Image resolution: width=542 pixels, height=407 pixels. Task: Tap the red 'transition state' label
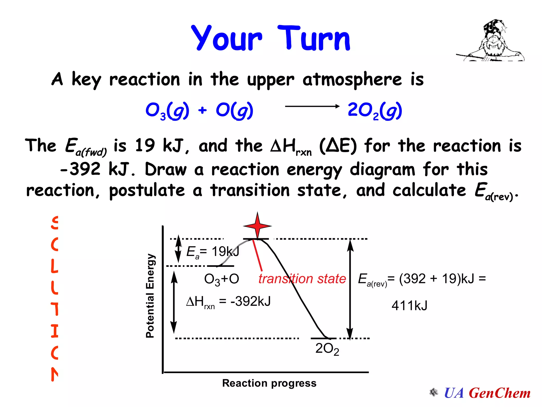point(302,279)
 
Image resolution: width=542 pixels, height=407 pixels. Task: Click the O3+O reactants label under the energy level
point(222,279)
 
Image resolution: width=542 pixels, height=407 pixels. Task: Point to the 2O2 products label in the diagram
point(327,349)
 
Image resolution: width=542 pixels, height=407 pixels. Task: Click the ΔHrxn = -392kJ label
point(228,302)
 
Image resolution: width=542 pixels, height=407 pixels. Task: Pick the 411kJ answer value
point(409,306)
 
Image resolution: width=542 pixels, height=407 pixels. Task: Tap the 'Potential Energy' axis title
point(150,295)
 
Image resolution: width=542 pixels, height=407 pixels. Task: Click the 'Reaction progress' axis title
point(269,383)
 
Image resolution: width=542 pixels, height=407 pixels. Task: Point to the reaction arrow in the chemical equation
point(312,107)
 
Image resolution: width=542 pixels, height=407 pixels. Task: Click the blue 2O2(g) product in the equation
point(375,110)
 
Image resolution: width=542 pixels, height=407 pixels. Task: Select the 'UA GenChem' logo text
point(487,393)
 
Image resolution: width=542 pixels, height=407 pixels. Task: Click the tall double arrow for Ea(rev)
point(350,289)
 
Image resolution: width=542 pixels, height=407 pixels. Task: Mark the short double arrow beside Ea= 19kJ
point(179,249)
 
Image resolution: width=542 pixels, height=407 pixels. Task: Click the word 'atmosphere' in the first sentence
point(352,79)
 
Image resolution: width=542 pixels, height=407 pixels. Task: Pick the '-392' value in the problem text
point(80,169)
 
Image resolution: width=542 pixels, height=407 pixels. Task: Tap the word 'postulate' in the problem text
point(147,190)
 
